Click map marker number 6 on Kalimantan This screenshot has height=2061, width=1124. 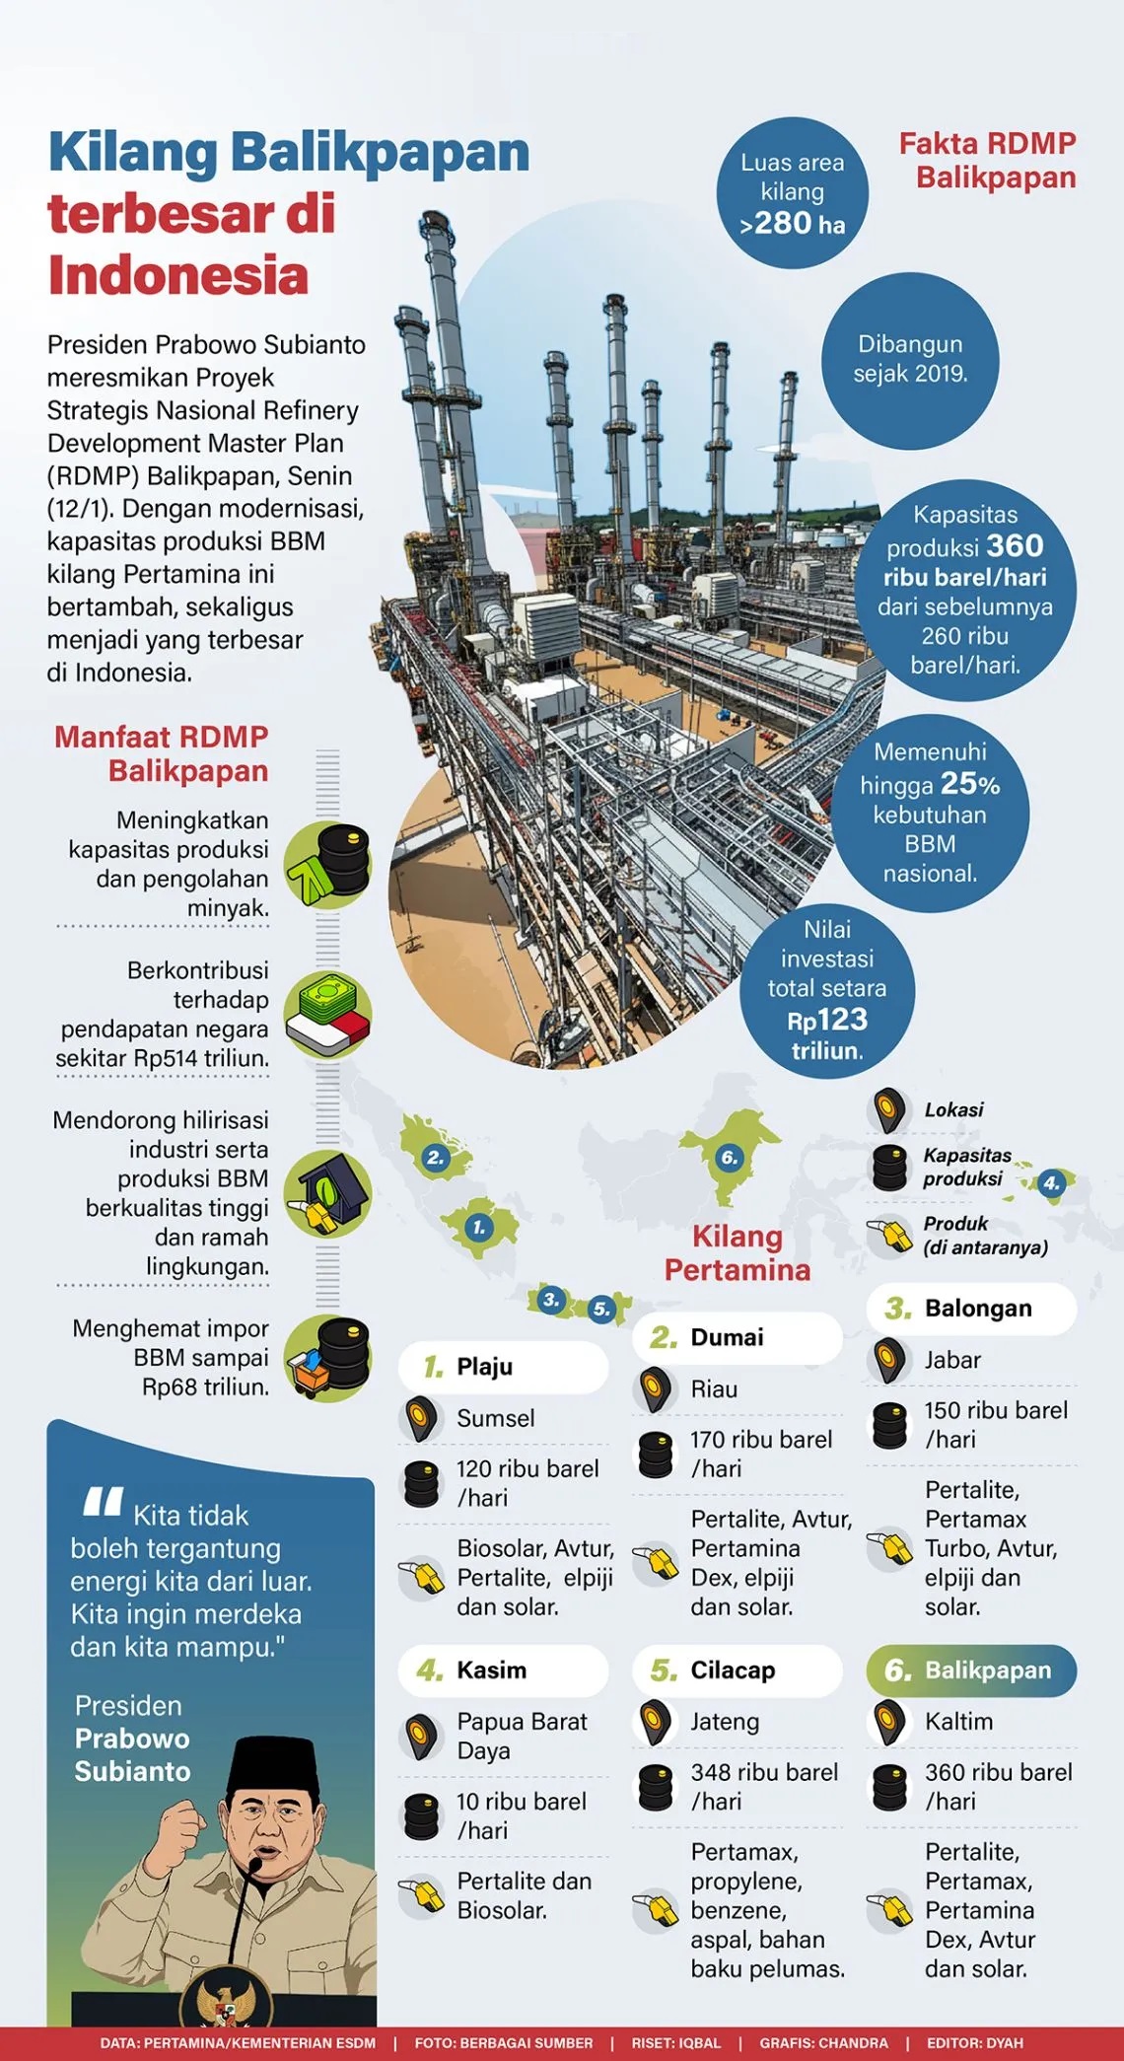tap(729, 1157)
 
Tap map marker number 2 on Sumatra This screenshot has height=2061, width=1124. tap(435, 1158)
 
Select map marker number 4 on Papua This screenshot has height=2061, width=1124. tap(1052, 1182)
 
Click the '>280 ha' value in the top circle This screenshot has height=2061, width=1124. tap(793, 224)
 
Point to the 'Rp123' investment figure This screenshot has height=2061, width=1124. tap(827, 1020)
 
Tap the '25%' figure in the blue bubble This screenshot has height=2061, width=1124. tap(970, 784)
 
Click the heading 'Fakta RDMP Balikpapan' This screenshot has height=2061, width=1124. tap(987, 161)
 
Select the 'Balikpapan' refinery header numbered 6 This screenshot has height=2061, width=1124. tap(971, 1670)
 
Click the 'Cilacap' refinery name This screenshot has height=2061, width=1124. tap(733, 1670)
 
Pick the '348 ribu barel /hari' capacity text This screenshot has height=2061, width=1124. tap(764, 1786)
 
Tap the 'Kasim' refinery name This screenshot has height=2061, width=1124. tap(491, 1670)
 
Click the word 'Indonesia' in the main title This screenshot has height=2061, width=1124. tap(178, 275)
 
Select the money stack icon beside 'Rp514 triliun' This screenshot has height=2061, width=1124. tap(327, 1016)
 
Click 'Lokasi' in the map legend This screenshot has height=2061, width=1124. tap(953, 1110)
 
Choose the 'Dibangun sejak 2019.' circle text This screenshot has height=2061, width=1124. tap(910, 359)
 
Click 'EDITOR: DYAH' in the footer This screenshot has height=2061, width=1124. tap(974, 2043)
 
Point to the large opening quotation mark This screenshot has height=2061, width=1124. tap(103, 1501)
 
